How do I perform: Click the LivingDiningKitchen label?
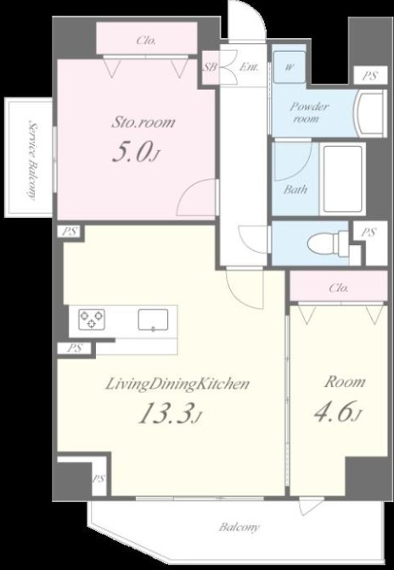pyautogui.click(x=177, y=384)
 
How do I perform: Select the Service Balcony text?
pyautogui.click(x=33, y=160)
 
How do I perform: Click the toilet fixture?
pyautogui.click(x=328, y=242)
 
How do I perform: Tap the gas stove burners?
pyautogui.click(x=92, y=320)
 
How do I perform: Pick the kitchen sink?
pyautogui.click(x=153, y=320)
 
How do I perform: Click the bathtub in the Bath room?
pyautogui.click(x=342, y=178)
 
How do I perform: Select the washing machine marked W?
pyautogui.click(x=290, y=66)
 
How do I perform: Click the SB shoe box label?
pyautogui.click(x=210, y=67)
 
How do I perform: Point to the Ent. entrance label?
pyautogui.click(x=249, y=67)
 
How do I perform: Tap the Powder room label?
pyautogui.click(x=309, y=112)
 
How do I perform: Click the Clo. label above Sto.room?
pyautogui.click(x=146, y=41)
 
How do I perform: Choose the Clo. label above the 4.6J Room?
pyautogui.click(x=338, y=288)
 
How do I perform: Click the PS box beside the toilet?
pyautogui.click(x=369, y=232)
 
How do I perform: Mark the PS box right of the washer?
pyautogui.click(x=370, y=76)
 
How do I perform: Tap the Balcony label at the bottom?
pyautogui.click(x=239, y=527)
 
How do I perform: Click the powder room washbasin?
pyautogui.click(x=371, y=114)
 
